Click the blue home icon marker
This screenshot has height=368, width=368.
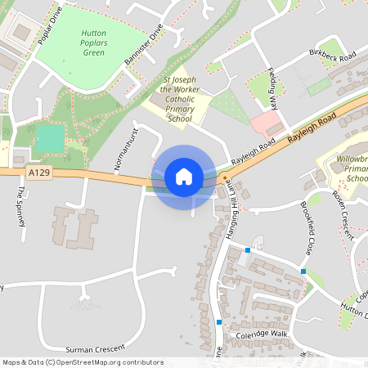[184, 177]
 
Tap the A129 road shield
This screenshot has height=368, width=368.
[38, 173]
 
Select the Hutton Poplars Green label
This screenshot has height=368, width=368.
[94, 43]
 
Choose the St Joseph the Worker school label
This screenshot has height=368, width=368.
[177, 100]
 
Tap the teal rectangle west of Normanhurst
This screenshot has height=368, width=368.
[49, 138]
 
